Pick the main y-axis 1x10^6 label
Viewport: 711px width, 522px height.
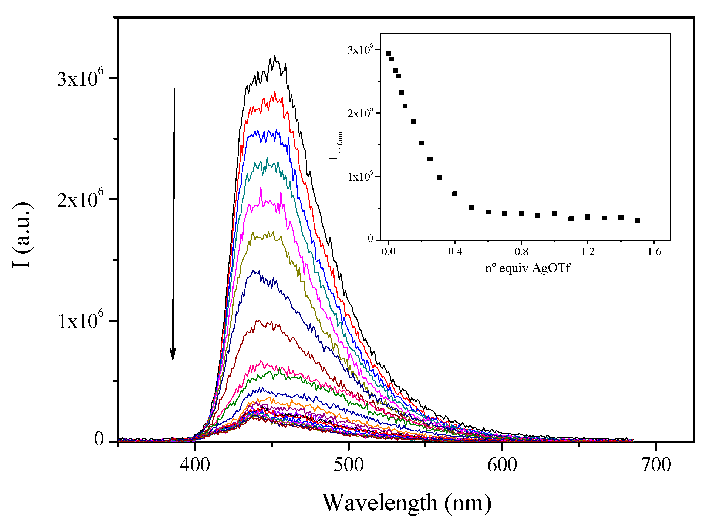point(81,320)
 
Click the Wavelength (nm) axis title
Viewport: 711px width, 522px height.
point(406,503)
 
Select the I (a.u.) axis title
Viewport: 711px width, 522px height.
point(22,235)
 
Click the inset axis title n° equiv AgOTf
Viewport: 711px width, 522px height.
point(528,268)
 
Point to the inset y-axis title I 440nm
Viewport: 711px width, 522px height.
point(336,146)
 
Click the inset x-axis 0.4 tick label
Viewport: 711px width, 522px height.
point(455,252)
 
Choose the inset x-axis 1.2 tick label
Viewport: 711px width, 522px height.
point(588,252)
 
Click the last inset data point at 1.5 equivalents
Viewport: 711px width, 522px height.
point(637,221)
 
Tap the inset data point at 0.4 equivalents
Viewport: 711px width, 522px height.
point(455,194)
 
